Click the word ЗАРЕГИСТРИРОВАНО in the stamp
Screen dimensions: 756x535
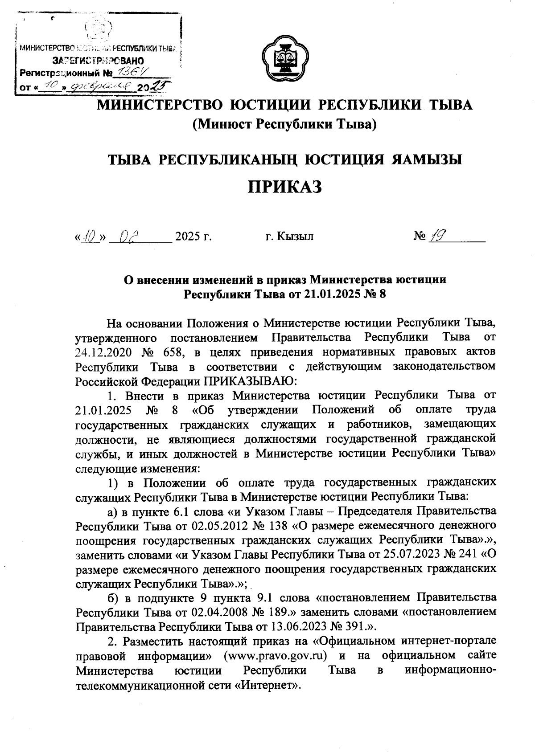click(98, 60)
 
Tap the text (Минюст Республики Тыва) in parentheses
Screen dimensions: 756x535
click(285, 124)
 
